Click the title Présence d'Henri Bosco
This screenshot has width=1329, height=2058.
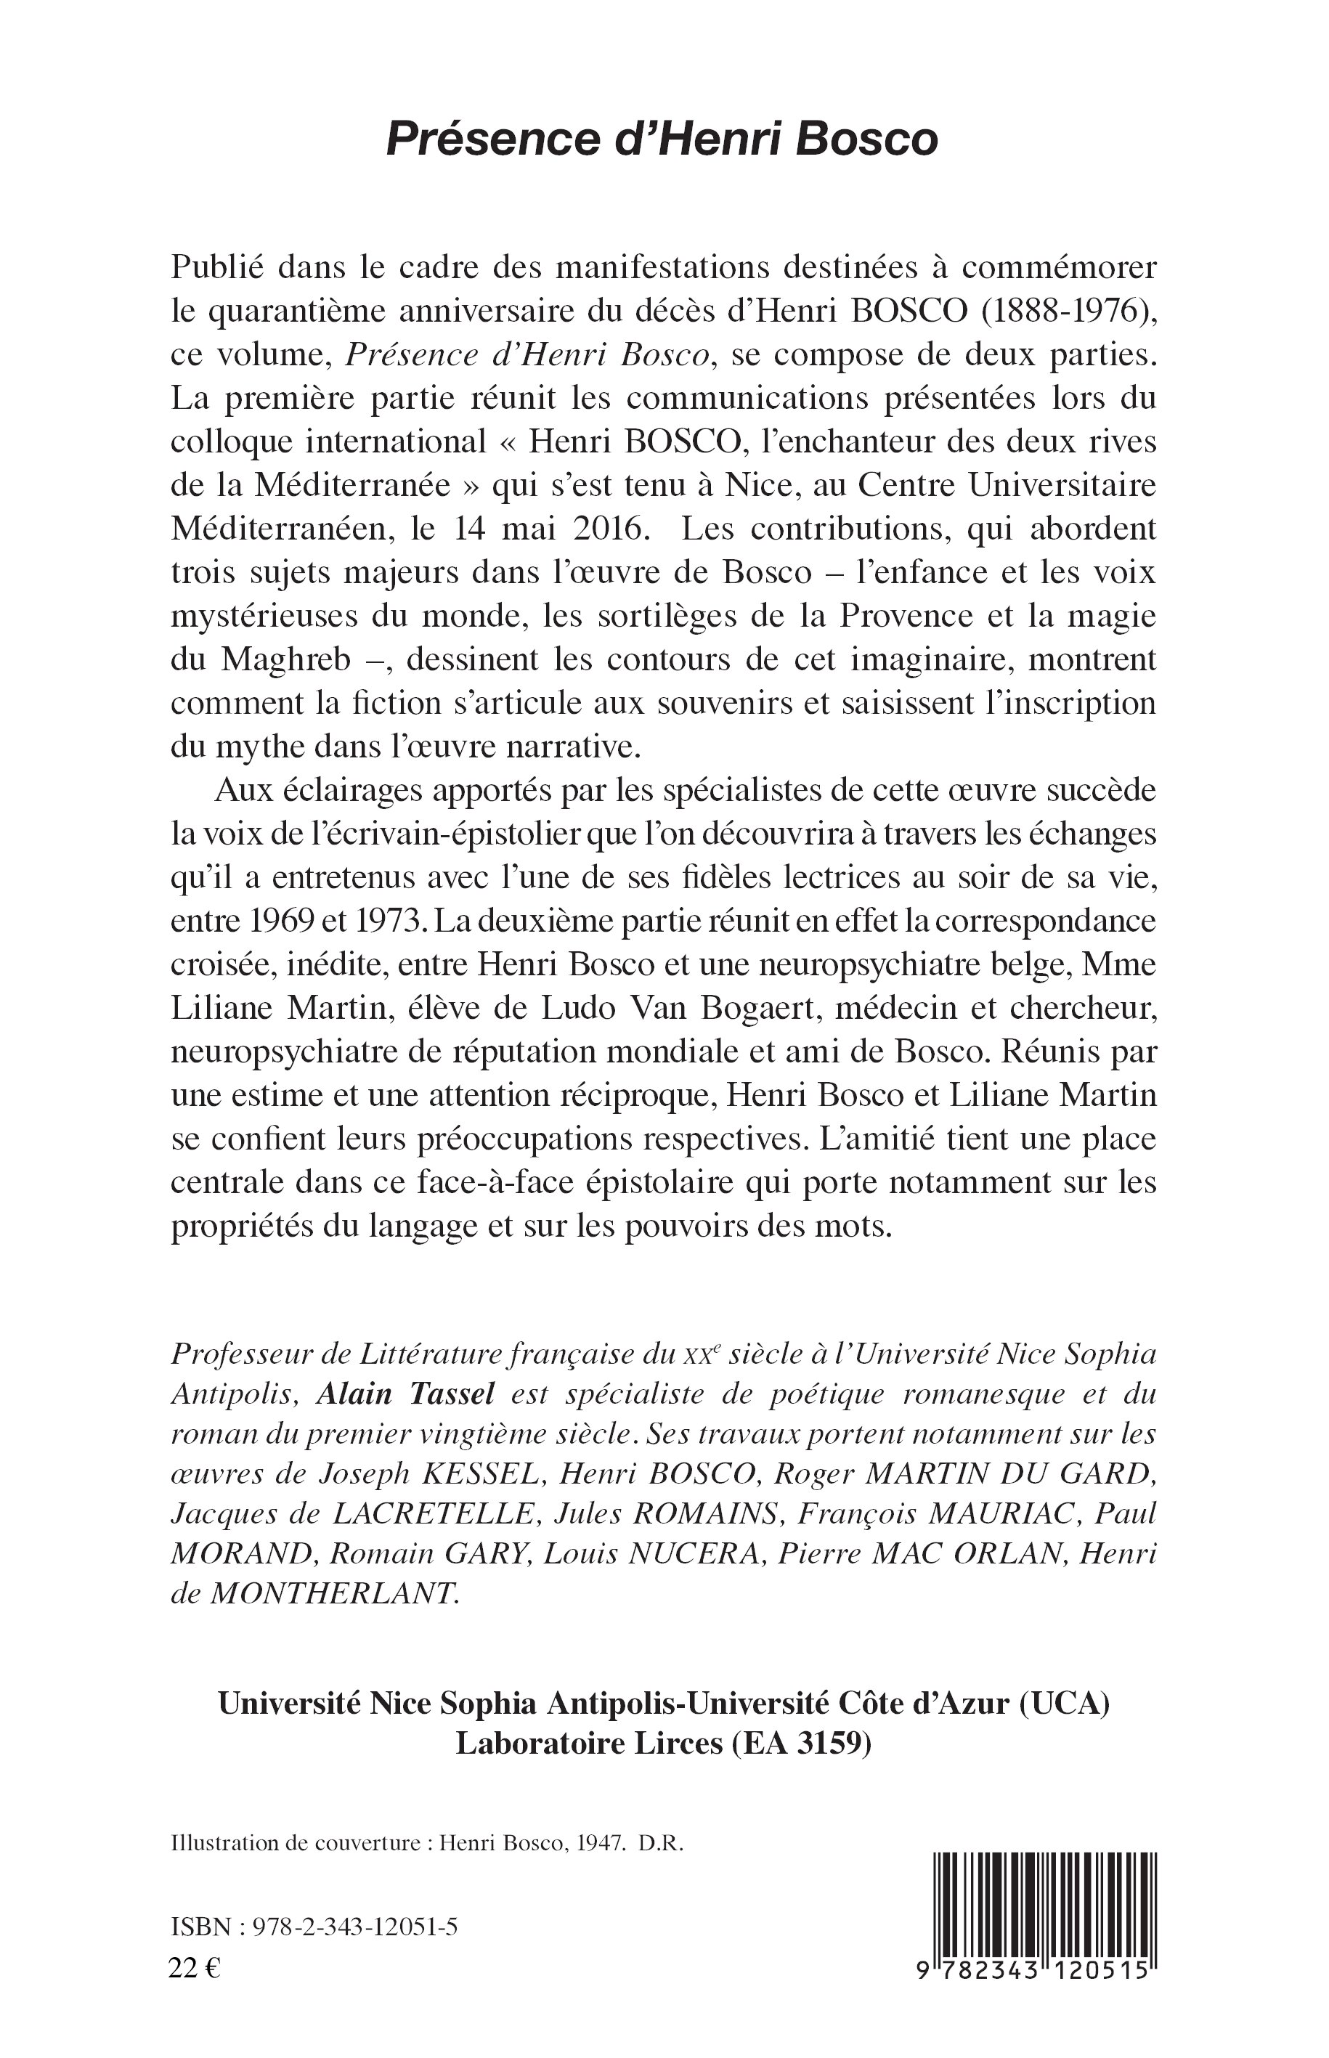tap(662, 138)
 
